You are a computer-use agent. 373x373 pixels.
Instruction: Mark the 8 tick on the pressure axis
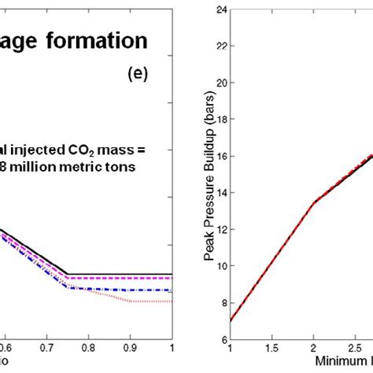tap(222, 303)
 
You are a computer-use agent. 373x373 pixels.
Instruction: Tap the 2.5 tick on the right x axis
tap(356, 346)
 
